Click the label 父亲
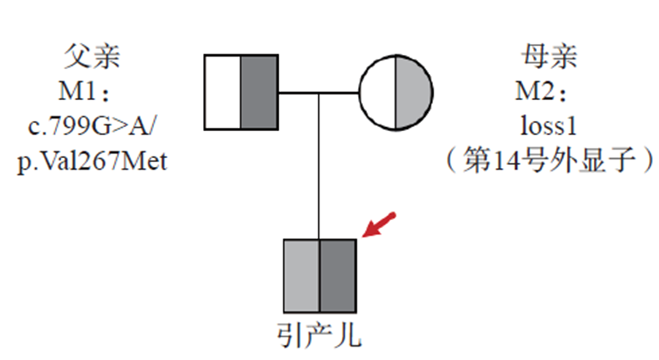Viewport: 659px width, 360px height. [92, 57]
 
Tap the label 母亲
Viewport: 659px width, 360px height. [548, 57]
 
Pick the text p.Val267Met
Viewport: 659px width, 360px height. [92, 160]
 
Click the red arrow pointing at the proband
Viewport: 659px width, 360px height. [380, 225]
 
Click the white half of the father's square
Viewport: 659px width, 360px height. [223, 93]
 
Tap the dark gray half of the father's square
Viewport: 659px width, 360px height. [258, 93]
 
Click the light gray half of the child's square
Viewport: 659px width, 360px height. [302, 275]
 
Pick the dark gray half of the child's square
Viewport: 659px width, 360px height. [337, 275]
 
